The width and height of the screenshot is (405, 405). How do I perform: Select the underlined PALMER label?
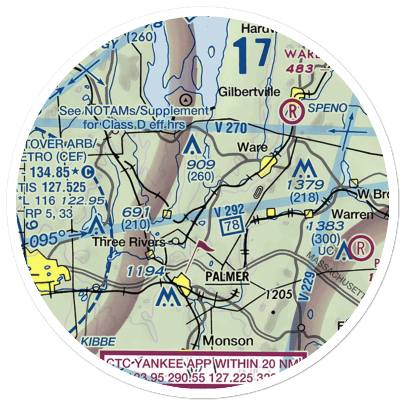tap(227, 277)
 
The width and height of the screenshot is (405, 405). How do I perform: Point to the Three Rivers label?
tap(129, 242)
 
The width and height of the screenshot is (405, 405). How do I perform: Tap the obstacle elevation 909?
tap(201, 165)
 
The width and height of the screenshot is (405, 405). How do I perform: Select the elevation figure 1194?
tap(145, 271)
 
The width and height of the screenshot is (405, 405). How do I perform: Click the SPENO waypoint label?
tap(327, 108)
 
